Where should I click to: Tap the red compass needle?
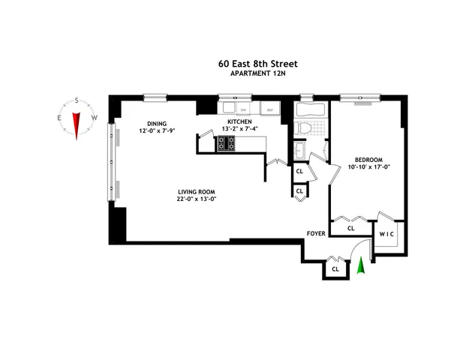pos(77,121)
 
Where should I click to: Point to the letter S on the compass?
pos(77,103)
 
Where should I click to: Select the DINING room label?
pos(157,124)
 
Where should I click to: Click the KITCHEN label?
pos(239,121)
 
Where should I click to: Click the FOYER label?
pos(316,234)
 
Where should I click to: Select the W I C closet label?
pos(386,234)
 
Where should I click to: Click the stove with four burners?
pos(226,143)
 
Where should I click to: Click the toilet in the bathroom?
pos(305,127)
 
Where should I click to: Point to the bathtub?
pos(310,110)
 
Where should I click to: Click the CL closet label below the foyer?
pos(335,268)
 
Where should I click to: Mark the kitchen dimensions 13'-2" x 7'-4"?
pos(239,129)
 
